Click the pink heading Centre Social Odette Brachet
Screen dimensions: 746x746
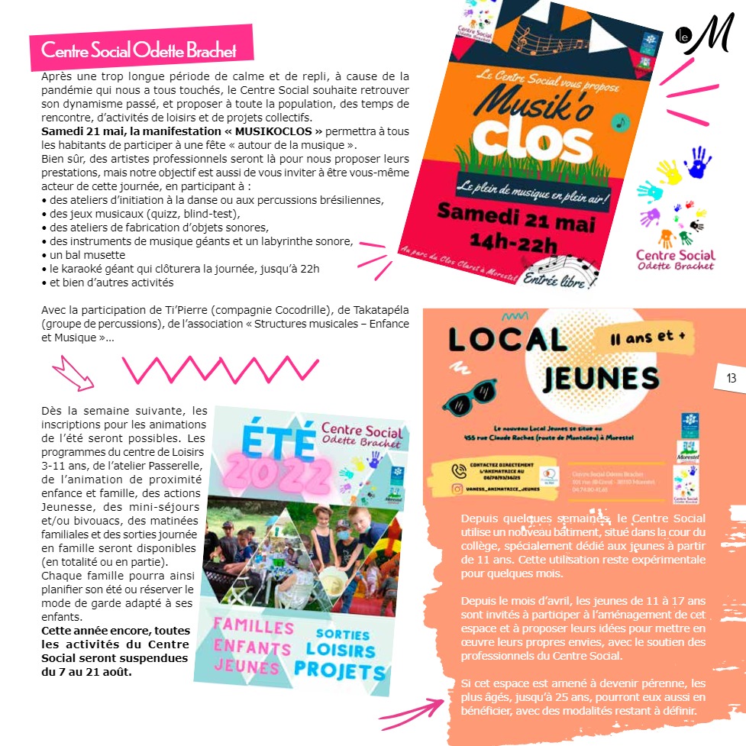pyautogui.click(x=139, y=50)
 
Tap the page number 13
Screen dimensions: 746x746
pyautogui.click(x=731, y=378)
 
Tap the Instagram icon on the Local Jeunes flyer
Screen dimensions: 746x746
pyautogui.click(x=458, y=489)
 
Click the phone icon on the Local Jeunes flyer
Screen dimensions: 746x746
pyautogui.click(x=458, y=470)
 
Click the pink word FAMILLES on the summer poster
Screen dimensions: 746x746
pyautogui.click(x=254, y=628)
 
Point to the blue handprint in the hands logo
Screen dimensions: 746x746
pyautogui.click(x=697, y=162)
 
